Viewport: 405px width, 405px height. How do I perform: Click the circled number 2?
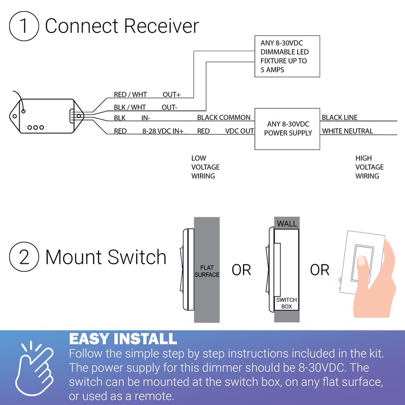pos(23,257)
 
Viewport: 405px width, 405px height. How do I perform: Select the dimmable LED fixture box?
pos(286,56)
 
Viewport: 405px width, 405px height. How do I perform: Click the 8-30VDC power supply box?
pos(286,129)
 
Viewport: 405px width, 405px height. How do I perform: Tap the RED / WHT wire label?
pos(130,95)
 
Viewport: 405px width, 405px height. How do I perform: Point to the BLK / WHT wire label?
pos(130,107)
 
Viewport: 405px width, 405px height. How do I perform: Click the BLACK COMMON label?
pos(224,117)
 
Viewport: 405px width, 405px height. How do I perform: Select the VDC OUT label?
pos(239,131)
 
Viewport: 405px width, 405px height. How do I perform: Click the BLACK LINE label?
pos(339,117)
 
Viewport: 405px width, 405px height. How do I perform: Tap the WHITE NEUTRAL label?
pos(347,131)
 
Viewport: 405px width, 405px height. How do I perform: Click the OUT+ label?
pos(171,95)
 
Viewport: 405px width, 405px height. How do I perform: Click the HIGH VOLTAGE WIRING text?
pos(369,167)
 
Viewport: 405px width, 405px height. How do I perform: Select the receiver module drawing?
pos(46,117)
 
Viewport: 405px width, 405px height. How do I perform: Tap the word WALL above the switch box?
pos(287,223)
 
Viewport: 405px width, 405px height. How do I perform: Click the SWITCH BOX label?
pos(286,303)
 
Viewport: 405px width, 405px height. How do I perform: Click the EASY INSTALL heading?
pos(123,339)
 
